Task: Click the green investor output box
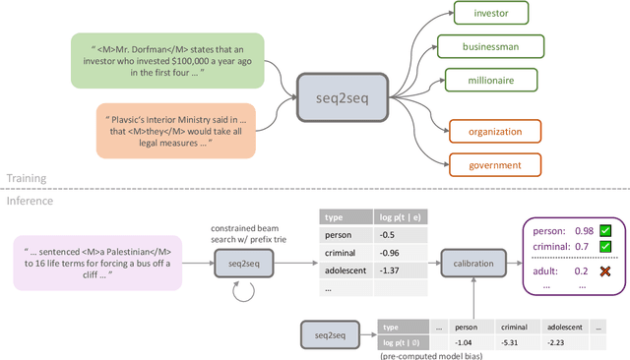click(x=489, y=14)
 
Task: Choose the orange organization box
click(x=495, y=130)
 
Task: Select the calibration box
click(x=473, y=263)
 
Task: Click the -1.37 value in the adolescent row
click(x=391, y=270)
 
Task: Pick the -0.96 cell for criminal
click(x=391, y=253)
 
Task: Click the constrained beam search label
click(x=246, y=222)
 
